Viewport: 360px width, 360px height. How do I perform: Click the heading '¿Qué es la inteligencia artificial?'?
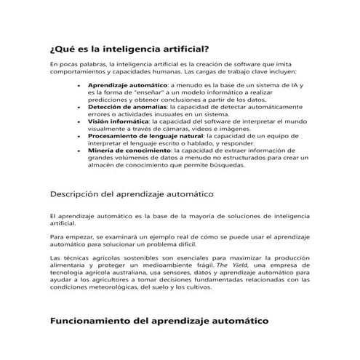coord(129,49)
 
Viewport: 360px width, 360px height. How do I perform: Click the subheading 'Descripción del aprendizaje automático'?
coord(130,195)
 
